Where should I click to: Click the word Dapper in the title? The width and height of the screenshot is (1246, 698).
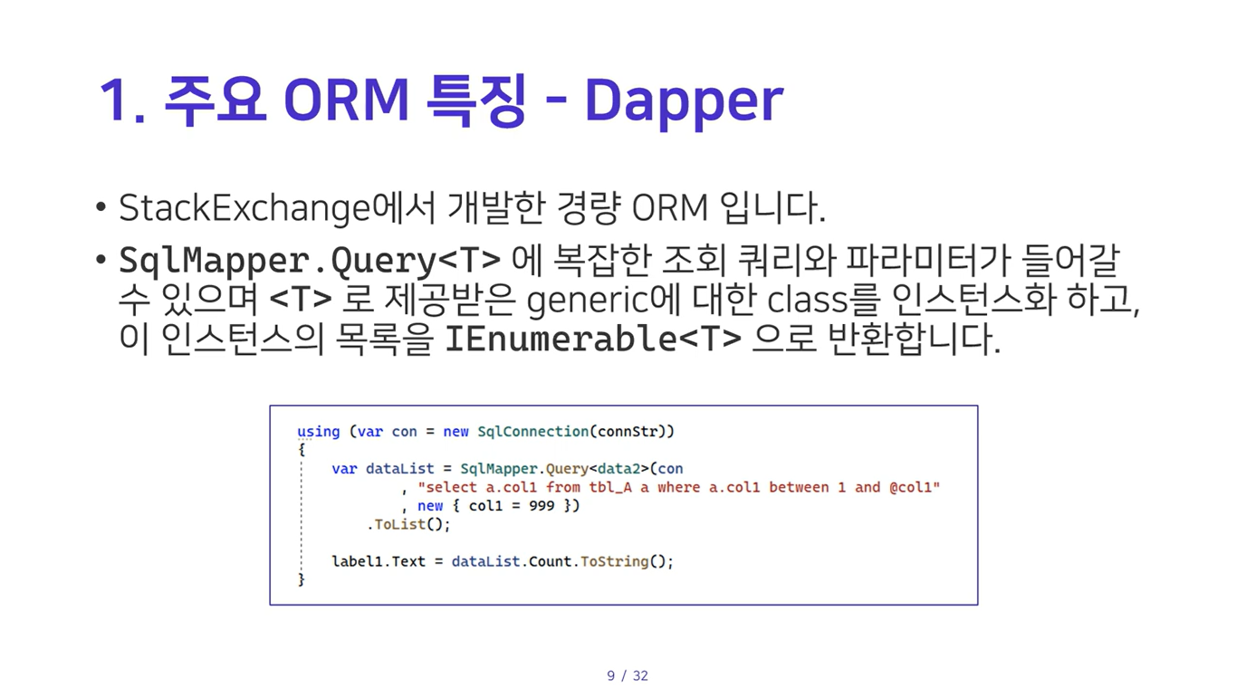[684, 101]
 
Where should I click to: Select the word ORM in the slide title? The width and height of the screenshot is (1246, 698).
[347, 100]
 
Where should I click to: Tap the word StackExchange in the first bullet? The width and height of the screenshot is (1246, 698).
[244, 208]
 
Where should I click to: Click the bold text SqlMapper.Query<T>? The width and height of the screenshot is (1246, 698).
[310, 261]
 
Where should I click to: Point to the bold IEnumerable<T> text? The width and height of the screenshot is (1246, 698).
[593, 339]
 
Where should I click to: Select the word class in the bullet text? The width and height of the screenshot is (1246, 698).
[808, 300]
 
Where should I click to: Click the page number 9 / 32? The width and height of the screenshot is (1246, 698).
[628, 675]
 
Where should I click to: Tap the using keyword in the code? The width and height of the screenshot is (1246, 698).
[318, 432]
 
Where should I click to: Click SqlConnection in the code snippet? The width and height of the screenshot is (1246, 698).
[532, 432]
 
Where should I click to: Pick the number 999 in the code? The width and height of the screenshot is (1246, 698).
[542, 505]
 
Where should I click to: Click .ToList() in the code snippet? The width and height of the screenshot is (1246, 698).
[408, 524]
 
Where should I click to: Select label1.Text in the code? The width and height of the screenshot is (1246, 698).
[379, 561]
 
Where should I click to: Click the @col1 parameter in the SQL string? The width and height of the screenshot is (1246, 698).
[910, 488]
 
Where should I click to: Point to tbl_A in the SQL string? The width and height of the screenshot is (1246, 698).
[610, 488]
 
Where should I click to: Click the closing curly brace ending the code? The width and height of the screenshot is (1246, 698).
[302, 579]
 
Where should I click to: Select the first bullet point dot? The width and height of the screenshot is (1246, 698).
[101, 207]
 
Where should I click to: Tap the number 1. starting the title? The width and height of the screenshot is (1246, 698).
[122, 100]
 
